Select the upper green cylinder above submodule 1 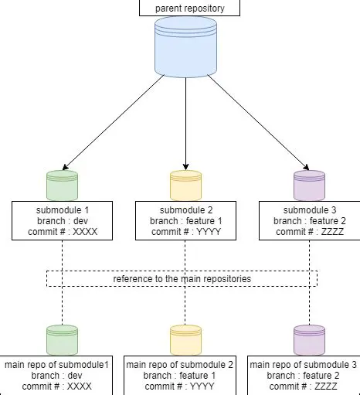tap(62, 186)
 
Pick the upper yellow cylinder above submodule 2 tap(185, 186)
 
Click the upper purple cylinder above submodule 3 tap(309, 186)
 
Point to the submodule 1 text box tap(63, 220)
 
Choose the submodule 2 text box tap(185, 220)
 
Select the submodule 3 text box tap(308, 220)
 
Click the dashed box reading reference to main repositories tap(182, 278)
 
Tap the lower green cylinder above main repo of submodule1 tap(62, 340)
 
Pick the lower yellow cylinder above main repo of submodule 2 tap(185, 340)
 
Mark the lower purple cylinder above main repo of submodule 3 tap(309, 340)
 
